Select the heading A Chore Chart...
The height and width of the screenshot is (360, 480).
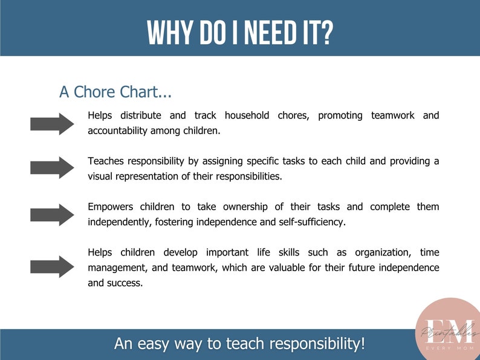(x=115, y=92)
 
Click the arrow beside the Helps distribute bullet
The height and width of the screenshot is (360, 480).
(x=52, y=123)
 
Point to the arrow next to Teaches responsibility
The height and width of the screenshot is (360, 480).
(x=52, y=168)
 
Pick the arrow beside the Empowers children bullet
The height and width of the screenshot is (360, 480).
(x=52, y=214)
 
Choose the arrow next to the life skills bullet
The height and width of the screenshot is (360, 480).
(x=52, y=266)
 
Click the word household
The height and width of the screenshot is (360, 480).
(x=247, y=115)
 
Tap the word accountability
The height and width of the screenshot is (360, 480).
(x=118, y=130)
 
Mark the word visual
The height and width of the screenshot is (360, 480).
(x=101, y=176)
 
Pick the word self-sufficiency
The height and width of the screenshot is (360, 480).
(x=314, y=222)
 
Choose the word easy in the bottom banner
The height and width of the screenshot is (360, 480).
(x=157, y=344)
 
